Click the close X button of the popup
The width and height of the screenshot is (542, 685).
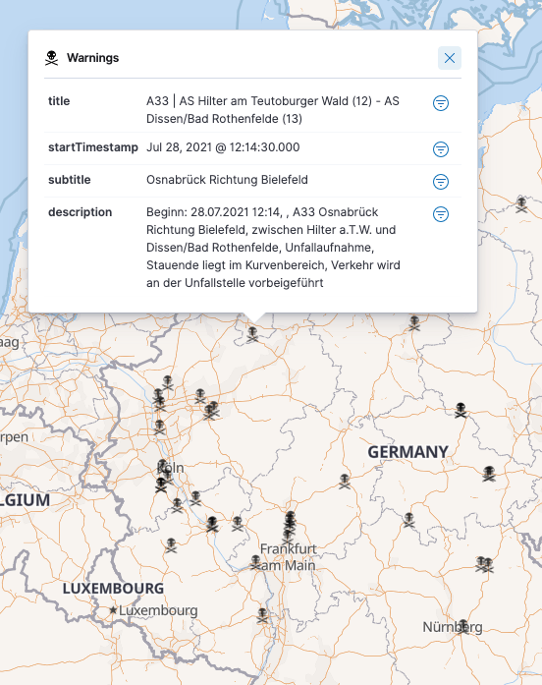pos(450,58)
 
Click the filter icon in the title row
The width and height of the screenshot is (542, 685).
pos(441,102)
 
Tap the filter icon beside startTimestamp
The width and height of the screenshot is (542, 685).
pos(441,148)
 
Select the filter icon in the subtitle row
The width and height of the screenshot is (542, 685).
pos(441,181)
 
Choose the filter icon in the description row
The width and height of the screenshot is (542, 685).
pos(441,213)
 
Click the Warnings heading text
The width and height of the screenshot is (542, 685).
pos(92,58)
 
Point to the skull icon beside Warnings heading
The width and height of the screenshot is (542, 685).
pos(52,58)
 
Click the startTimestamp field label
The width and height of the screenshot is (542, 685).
pos(92,147)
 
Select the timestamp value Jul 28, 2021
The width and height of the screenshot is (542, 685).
pos(222,147)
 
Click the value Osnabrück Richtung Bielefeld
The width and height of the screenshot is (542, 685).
pos(227,180)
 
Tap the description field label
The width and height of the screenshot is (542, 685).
pos(80,212)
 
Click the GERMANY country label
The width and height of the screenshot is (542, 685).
pos(407,452)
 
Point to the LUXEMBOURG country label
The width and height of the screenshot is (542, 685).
pos(113,589)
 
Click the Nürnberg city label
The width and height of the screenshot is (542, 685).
pos(452,627)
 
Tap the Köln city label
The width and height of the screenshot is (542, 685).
pos(171,468)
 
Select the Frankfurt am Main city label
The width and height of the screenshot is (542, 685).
pos(288,556)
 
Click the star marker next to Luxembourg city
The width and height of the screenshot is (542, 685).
pos(114,610)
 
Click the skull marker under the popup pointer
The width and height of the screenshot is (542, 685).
pos(252,333)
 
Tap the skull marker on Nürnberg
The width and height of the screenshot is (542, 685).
pos(461,625)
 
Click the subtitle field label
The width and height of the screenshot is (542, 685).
pos(69,180)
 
